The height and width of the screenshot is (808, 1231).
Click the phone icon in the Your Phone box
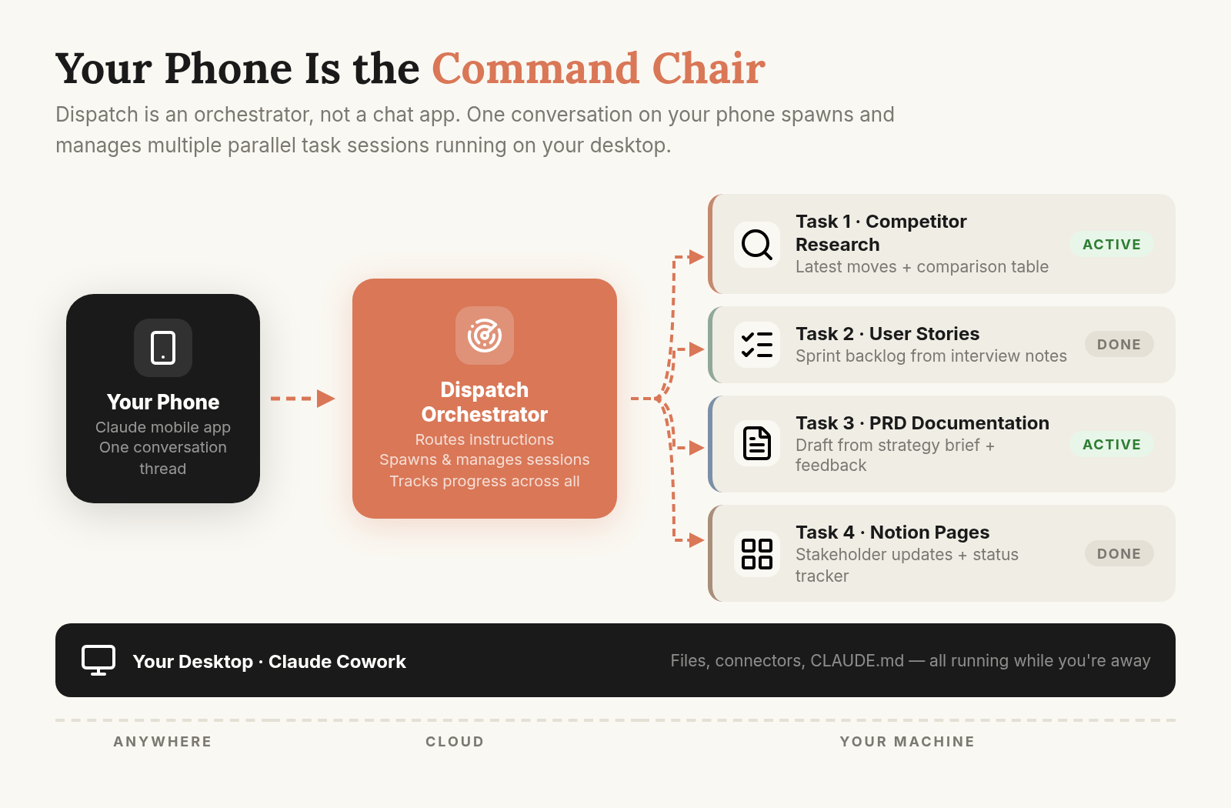pos(162,348)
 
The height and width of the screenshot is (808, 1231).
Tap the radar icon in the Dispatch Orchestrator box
pos(484,336)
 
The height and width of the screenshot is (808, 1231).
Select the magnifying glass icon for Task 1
pos(757,245)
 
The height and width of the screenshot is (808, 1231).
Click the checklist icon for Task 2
pos(757,345)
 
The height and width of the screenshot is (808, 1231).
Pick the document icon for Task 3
pos(757,443)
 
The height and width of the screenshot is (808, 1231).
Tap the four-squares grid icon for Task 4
pos(757,553)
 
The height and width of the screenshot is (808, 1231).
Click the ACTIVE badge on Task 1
pos(1111,245)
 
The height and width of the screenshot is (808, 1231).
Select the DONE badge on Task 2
pos(1119,344)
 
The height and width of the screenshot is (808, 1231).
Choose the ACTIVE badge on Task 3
pos(1111,444)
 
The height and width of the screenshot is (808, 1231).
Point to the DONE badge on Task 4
pos(1119,553)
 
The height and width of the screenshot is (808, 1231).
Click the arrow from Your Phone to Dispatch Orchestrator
pos(303,399)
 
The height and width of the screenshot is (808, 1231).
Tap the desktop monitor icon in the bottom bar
pos(98,660)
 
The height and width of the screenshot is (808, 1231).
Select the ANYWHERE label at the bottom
pos(162,742)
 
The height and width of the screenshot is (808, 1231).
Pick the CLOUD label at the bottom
pos(455,742)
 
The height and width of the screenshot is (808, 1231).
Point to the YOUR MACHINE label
pos(907,742)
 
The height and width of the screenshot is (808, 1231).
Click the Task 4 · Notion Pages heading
pos(892,532)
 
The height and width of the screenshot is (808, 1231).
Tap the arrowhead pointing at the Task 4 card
pos(696,539)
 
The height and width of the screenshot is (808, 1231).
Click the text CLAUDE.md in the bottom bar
pos(857,660)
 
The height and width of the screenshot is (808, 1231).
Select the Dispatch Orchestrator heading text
pos(484,402)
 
